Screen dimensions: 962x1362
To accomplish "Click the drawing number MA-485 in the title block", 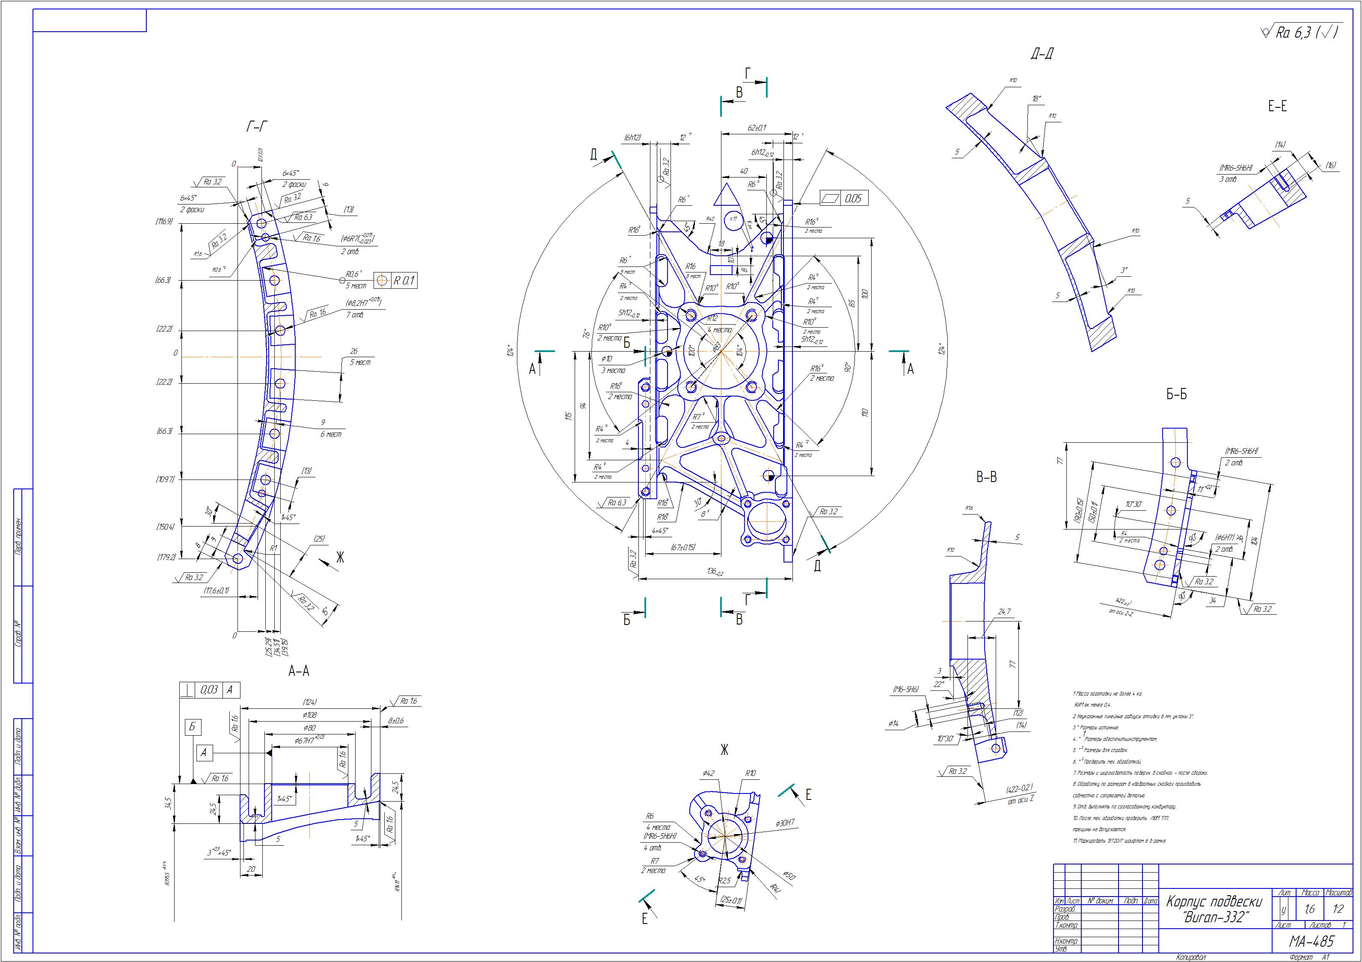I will pyautogui.click(x=1311, y=941).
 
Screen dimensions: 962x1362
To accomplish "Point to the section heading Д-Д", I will pyautogui.click(x=1042, y=55).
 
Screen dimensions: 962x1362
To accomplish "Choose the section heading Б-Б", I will pyautogui.click(x=1176, y=394).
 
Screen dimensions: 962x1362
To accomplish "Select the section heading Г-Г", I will pyautogui.click(x=256, y=126).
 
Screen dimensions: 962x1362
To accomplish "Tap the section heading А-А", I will pyautogui.click(x=298, y=671).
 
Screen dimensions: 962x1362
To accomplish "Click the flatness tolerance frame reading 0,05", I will pyautogui.click(x=844, y=198).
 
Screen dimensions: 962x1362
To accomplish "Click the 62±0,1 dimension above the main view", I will pyautogui.click(x=757, y=127).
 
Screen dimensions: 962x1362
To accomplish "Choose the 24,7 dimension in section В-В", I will pyautogui.click(x=1004, y=612).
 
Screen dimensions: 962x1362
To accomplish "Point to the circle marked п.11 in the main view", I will pyautogui.click(x=733, y=219).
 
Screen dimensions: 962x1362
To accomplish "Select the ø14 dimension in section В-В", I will pyautogui.click(x=894, y=724).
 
